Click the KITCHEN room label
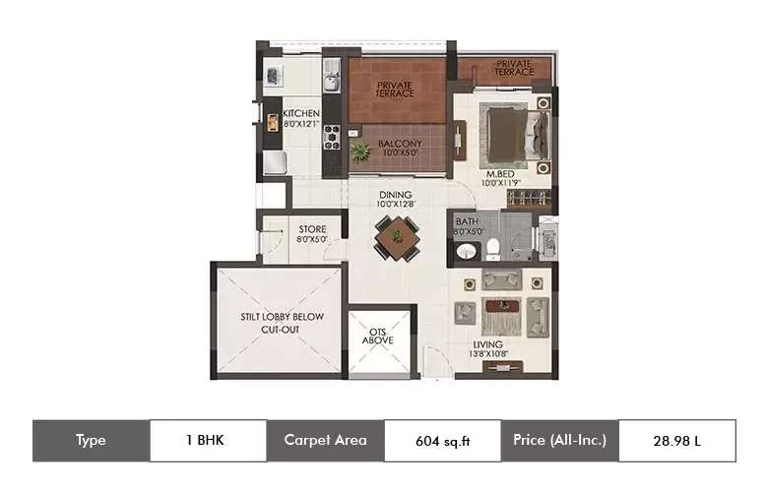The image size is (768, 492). tap(300, 114)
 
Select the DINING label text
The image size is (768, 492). tap(396, 196)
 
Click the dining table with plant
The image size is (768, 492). tap(397, 237)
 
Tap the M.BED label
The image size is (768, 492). tap(498, 173)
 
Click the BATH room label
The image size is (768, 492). tap(467, 222)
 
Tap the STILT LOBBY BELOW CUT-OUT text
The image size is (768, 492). tap(282, 323)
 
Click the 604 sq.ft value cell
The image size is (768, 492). tap(443, 441)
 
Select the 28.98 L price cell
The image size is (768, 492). tap(676, 441)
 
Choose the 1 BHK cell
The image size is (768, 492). tap(208, 440)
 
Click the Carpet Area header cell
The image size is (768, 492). tap(325, 440)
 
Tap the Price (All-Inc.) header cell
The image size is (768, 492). tap(559, 440)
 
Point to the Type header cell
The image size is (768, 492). tap(91, 440)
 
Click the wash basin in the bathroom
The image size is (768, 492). tap(466, 253)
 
